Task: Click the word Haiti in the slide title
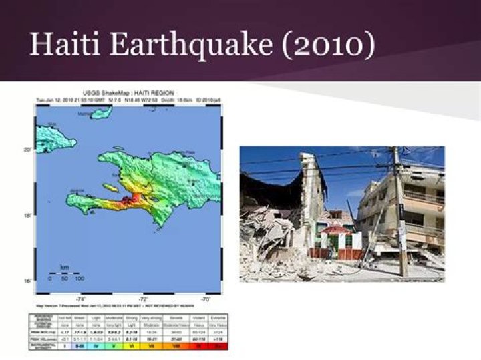coord(63,44)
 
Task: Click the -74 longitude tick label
coord(82,299)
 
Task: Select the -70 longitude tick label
coord(206,299)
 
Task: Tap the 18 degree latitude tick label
coord(28,216)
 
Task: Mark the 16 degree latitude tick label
coord(28,281)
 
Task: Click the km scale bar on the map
coord(64,272)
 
